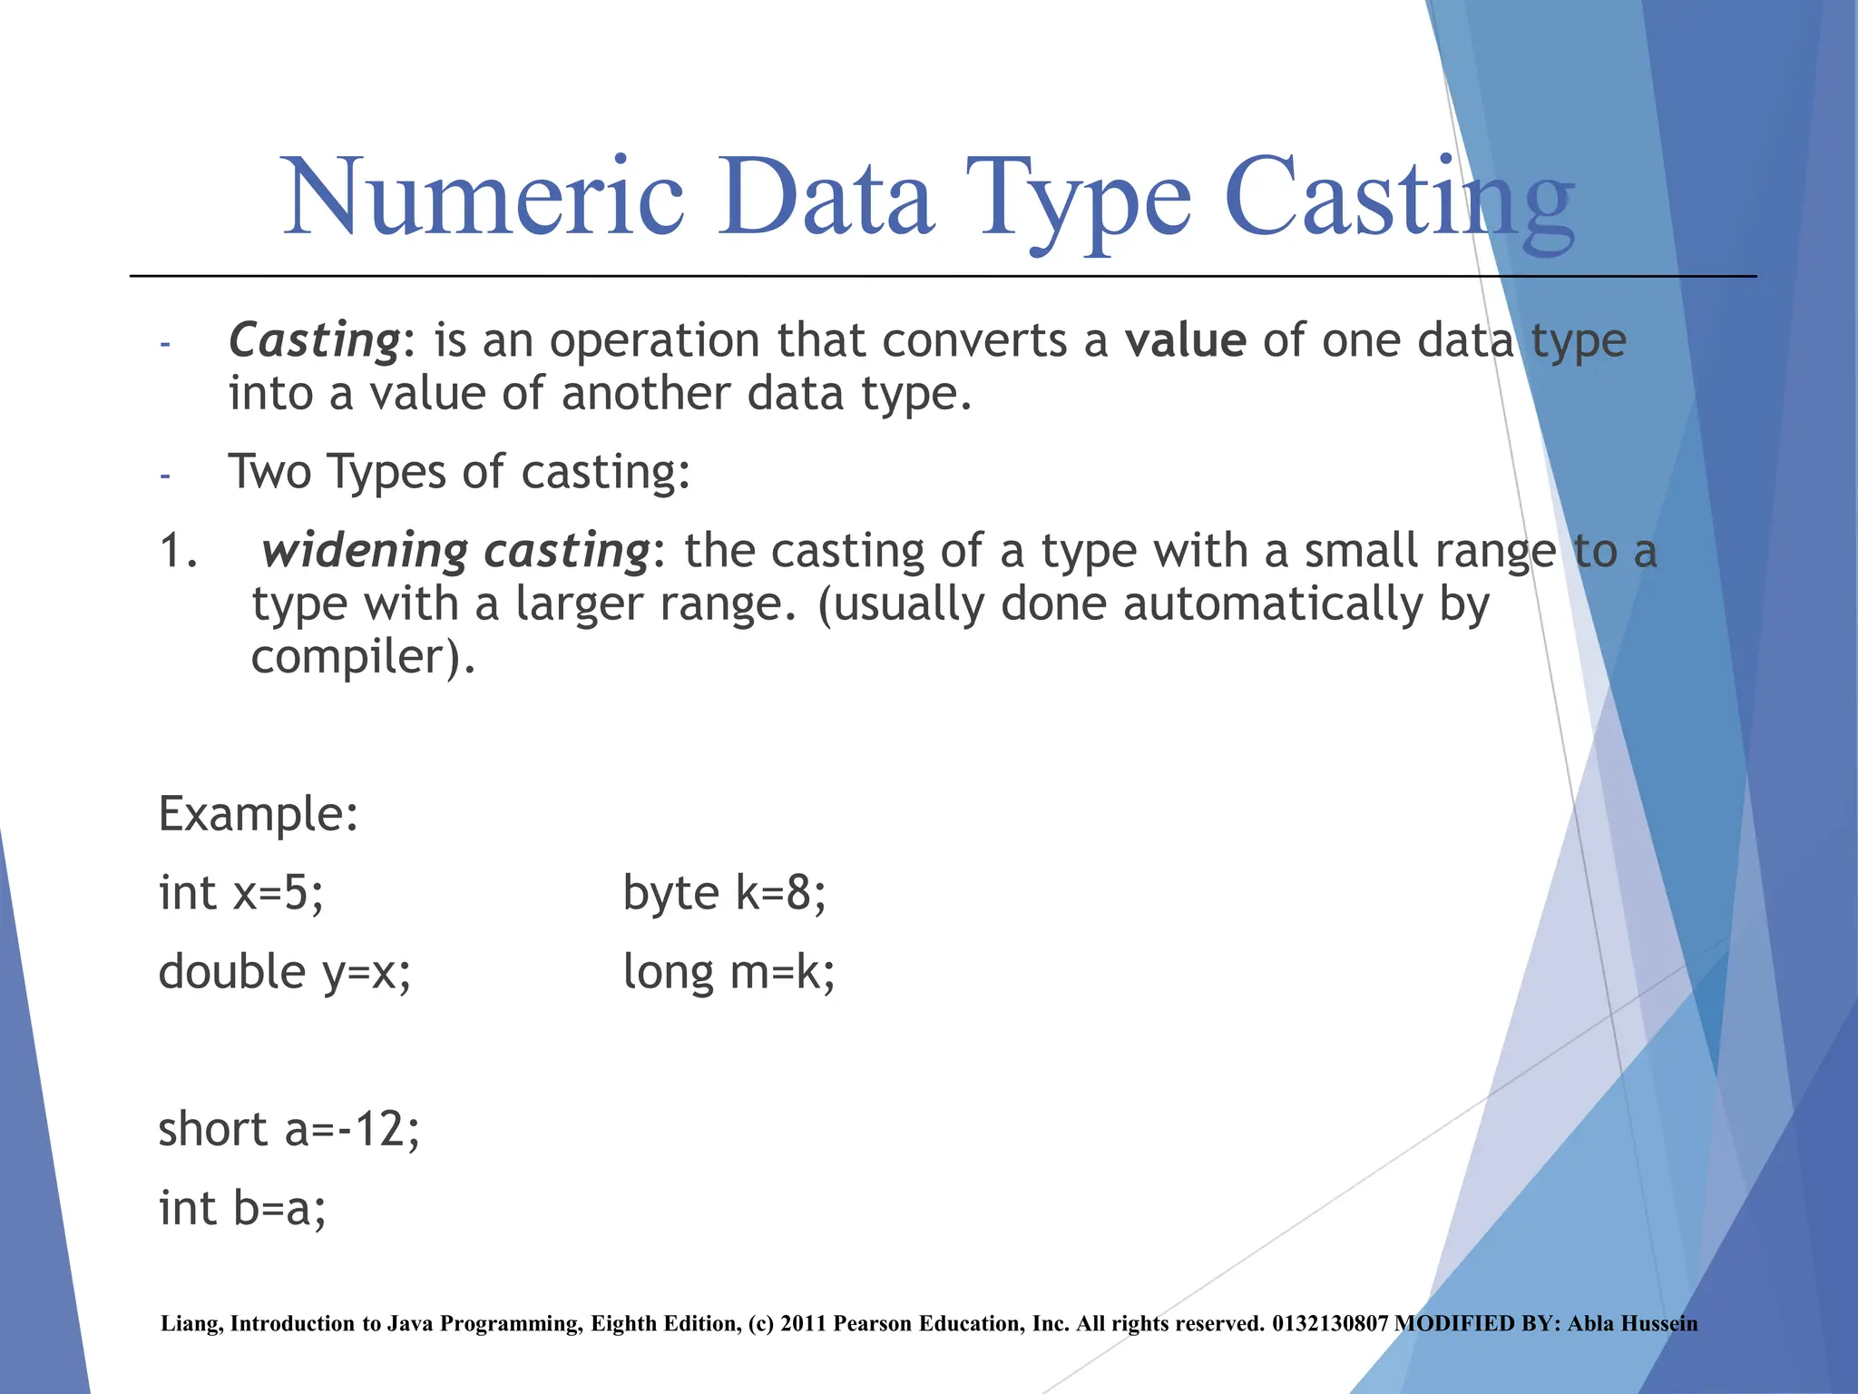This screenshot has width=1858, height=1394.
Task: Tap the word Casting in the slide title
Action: (1398, 201)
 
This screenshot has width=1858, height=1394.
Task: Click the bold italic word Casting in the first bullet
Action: (314, 341)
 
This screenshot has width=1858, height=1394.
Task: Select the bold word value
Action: (1185, 341)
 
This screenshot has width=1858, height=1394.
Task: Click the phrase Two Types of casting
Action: (458, 473)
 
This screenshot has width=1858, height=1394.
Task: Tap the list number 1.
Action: (178, 552)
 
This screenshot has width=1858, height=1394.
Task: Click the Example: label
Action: (259, 814)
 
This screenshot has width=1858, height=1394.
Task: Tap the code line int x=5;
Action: (240, 893)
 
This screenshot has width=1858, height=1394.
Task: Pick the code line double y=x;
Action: (284, 973)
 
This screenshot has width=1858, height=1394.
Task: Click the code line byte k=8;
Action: (724, 893)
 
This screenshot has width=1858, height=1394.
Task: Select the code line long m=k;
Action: (729, 973)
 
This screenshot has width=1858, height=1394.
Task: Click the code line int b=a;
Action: (242, 1209)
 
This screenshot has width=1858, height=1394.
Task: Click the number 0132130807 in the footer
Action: (1330, 1324)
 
